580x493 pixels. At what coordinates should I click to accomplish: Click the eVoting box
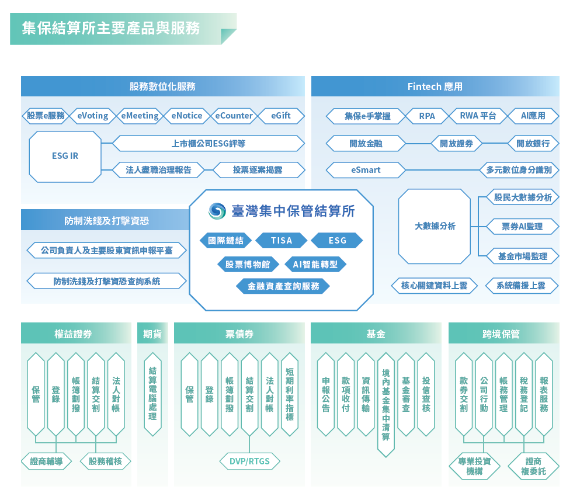tap(93, 116)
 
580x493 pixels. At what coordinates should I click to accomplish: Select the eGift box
tap(281, 116)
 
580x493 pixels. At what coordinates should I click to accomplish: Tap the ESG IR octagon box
tap(65, 157)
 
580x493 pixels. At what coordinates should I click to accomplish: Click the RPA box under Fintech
tap(427, 116)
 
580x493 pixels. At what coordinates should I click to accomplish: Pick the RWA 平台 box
tap(478, 116)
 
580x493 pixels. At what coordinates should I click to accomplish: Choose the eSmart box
tap(366, 170)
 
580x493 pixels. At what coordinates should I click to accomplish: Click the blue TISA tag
tap(282, 241)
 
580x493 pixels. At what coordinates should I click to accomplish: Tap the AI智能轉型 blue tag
tap(315, 265)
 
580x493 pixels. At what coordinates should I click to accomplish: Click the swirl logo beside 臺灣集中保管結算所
tap(217, 211)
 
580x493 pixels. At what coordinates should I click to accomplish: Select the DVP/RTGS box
tap(249, 461)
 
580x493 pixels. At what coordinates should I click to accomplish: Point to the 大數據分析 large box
tap(435, 226)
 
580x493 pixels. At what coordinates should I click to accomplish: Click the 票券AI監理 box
tap(522, 227)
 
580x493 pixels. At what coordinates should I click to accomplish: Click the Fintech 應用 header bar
tap(435, 86)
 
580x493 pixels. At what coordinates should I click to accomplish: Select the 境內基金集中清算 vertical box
tap(386, 405)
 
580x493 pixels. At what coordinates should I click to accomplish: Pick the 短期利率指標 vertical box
tap(290, 394)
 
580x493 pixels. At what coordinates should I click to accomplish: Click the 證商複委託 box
tap(533, 466)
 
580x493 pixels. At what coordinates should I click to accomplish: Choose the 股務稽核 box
tap(105, 461)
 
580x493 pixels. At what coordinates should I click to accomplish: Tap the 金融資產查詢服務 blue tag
tap(283, 286)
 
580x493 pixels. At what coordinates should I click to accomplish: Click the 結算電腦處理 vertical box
tap(153, 394)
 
